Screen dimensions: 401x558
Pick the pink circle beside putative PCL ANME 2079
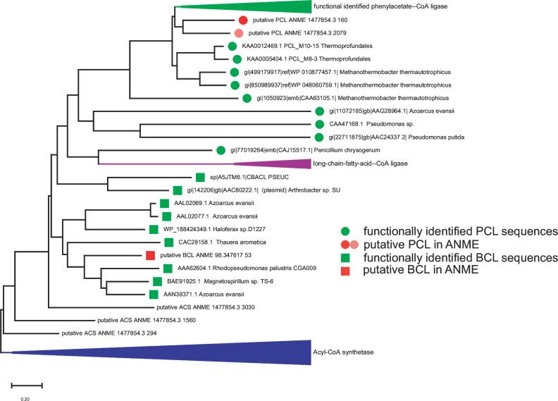(239, 33)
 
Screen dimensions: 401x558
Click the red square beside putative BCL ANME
(149, 255)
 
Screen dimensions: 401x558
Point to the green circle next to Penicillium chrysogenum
(222, 149)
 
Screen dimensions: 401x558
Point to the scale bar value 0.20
(25, 399)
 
